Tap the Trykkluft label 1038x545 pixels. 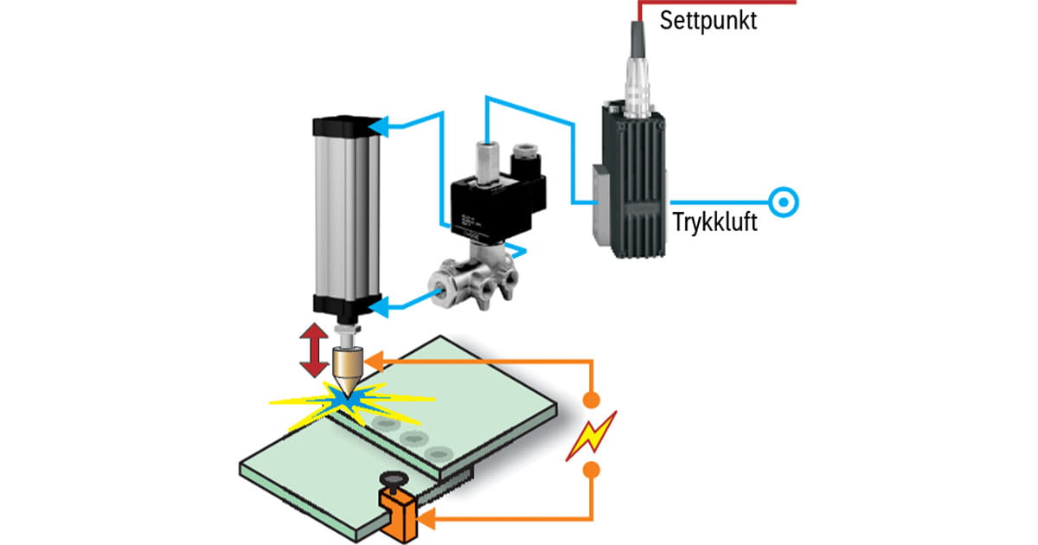(x=714, y=224)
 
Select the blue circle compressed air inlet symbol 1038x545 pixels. (x=783, y=203)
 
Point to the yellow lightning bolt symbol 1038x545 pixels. (x=591, y=434)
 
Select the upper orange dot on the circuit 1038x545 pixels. (x=591, y=401)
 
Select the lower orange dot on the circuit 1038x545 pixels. (x=591, y=470)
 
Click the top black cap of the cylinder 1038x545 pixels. (x=345, y=126)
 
